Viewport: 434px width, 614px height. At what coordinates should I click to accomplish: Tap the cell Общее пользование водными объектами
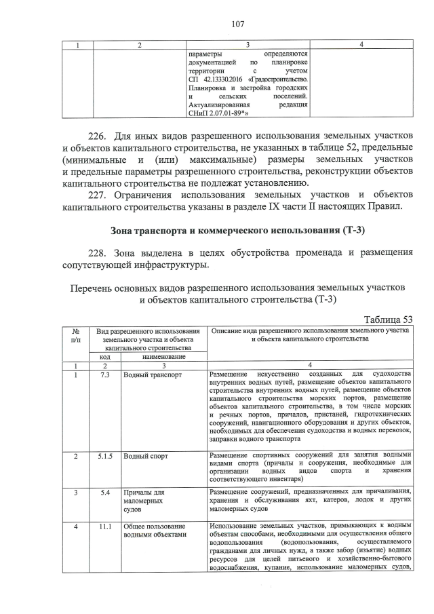point(154,530)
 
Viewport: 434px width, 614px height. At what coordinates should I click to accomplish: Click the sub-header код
point(105,356)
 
